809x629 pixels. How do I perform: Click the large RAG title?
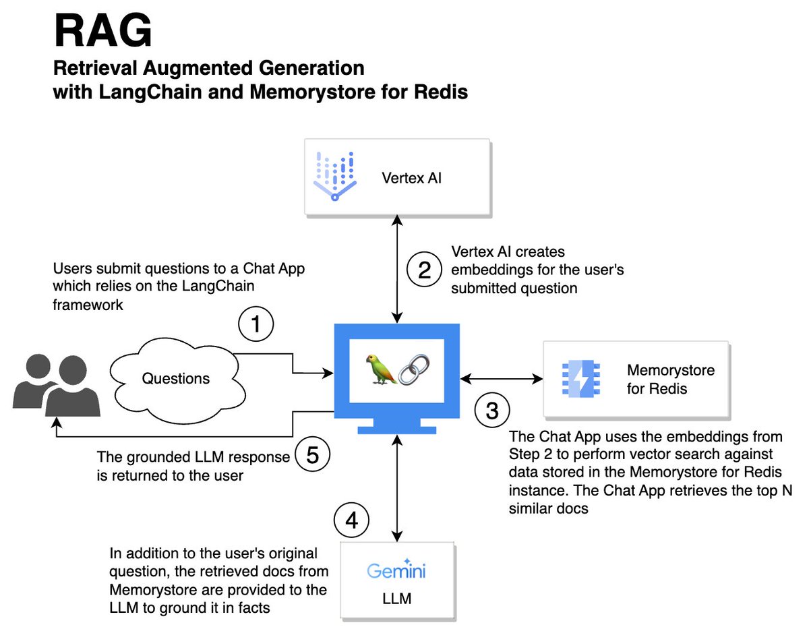coord(102,31)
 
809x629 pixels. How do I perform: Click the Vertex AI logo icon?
coord(335,177)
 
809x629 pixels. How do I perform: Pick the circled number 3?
coord(492,410)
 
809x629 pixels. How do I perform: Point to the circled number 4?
coord(351,520)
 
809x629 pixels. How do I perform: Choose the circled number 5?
coord(312,456)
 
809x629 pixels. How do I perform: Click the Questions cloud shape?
coord(175,378)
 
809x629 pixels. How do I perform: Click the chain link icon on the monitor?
coord(415,369)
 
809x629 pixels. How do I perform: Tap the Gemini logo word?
coord(396,570)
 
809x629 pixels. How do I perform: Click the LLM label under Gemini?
coord(396,597)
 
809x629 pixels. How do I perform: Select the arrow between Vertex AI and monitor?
coord(400,270)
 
